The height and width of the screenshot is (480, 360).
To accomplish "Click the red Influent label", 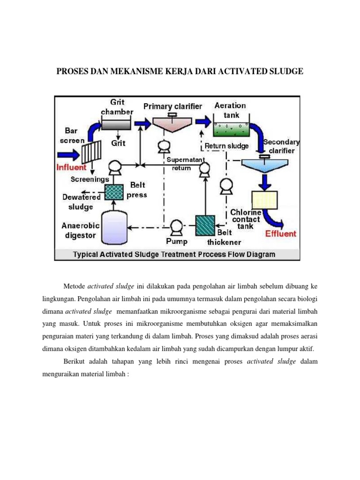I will click(72, 167).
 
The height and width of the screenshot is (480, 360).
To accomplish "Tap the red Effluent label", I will click(281, 233).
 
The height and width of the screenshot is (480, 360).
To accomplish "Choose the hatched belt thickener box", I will click(205, 224).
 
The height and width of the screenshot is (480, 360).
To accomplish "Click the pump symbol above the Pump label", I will click(176, 227).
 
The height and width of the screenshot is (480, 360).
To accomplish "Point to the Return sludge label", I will click(228, 146).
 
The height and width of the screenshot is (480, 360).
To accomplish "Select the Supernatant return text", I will click(179, 164).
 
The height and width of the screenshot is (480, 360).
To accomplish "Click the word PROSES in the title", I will click(72, 71).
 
